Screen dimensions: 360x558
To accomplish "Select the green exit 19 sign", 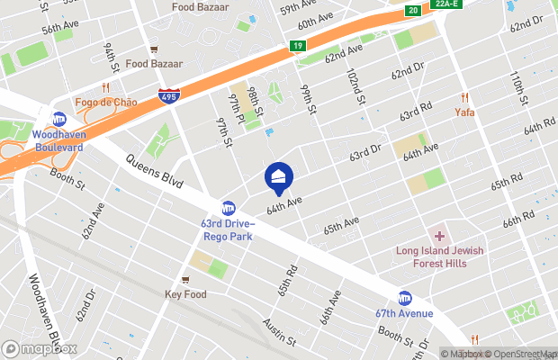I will pos(297,46).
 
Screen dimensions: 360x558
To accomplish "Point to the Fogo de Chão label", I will pos(106,102).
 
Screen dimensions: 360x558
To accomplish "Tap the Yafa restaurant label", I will pos(464,112).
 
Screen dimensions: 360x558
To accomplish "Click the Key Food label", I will pos(185,294).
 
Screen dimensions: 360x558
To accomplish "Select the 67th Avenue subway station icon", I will pos(405,298).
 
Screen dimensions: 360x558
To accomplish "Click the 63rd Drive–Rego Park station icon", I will pos(229,208).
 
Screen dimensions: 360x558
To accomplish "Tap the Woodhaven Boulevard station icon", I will pos(58,119).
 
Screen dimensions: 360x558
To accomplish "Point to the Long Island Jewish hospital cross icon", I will pos(439,236).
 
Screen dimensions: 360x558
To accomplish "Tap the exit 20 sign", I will pos(411,10).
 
